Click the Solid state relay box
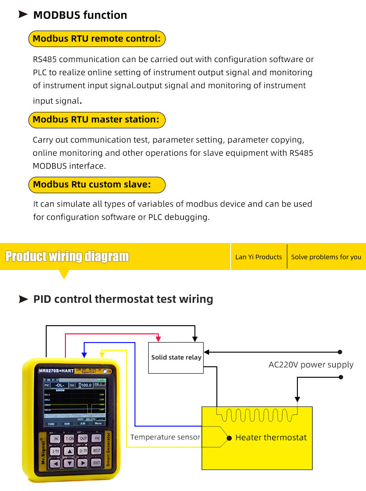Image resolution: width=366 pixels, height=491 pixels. pyautogui.click(x=176, y=358)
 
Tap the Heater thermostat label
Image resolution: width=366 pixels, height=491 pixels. pyautogui.click(x=271, y=438)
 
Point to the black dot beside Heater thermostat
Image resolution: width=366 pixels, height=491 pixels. pyautogui.click(x=229, y=438)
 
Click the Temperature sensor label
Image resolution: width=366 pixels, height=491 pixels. pyautogui.click(x=165, y=437)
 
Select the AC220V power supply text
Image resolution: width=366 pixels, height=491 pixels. pyautogui.click(x=311, y=364)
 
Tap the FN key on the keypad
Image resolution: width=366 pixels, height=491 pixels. pyautogui.click(x=97, y=438)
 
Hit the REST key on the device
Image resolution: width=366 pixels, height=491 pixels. pyautogui.click(x=97, y=451)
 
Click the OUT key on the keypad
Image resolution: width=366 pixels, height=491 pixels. pyautogui.click(x=83, y=438)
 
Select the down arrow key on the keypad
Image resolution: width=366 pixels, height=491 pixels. pyautogui.click(x=69, y=463)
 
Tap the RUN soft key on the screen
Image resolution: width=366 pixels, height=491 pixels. pyautogui.click(x=67, y=423)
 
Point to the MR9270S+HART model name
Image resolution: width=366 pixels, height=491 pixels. pyautogui.click(x=56, y=370)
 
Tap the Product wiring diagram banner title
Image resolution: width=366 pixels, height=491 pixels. pyautogui.click(x=67, y=257)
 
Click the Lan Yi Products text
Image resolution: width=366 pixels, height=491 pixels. pyautogui.click(x=258, y=257)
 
